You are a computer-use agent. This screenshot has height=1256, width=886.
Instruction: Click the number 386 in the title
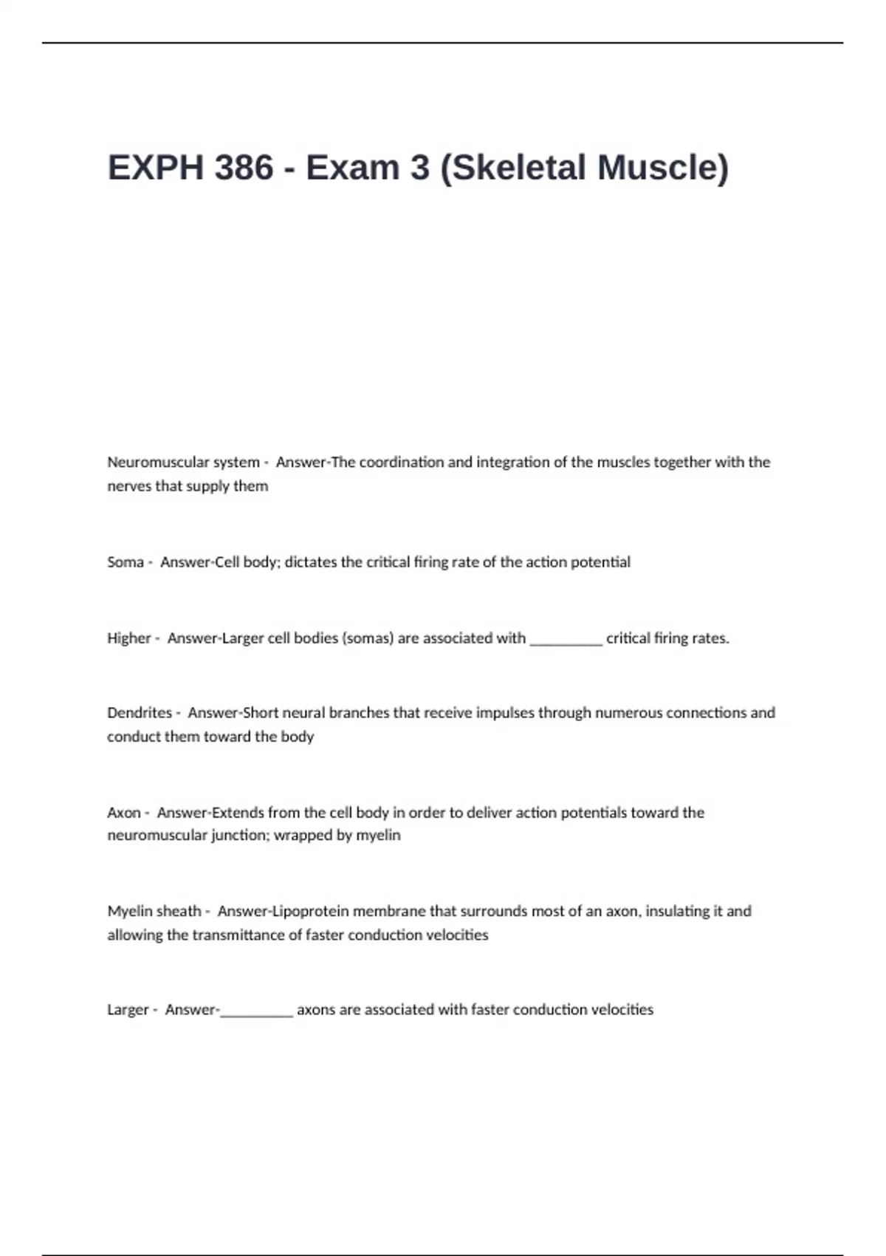(244, 168)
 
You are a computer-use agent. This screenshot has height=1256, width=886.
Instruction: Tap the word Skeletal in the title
(518, 168)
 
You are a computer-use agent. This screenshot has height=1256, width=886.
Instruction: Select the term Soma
(125, 562)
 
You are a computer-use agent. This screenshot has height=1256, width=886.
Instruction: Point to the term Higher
(128, 638)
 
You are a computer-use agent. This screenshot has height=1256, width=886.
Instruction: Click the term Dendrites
(140, 713)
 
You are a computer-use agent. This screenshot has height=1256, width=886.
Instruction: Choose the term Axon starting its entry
(123, 813)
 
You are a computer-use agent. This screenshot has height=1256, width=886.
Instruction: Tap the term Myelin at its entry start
(131, 912)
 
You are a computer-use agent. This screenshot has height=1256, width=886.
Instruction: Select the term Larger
(128, 1010)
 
